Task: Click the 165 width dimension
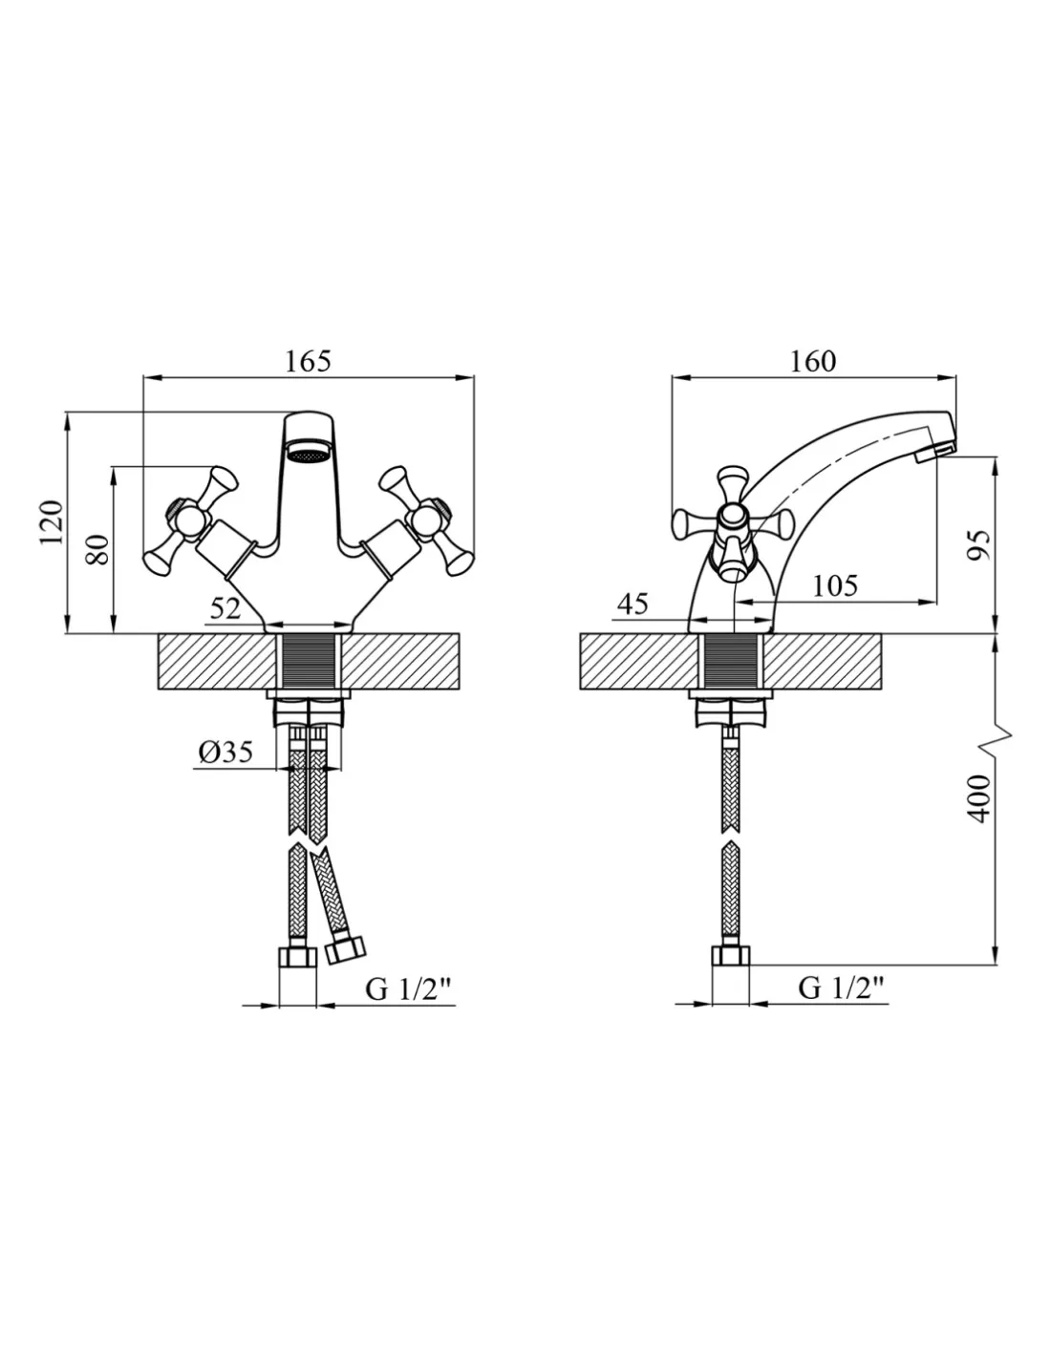pos(308,361)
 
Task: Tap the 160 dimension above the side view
pos(812,361)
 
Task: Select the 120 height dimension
pos(52,521)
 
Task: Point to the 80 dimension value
pos(97,550)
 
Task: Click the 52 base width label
pos(225,607)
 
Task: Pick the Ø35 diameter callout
pos(225,752)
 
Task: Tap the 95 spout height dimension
pos(978,544)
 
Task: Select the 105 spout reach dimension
pos(835,585)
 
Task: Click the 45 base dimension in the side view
pos(633,605)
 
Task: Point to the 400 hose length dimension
pos(978,798)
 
